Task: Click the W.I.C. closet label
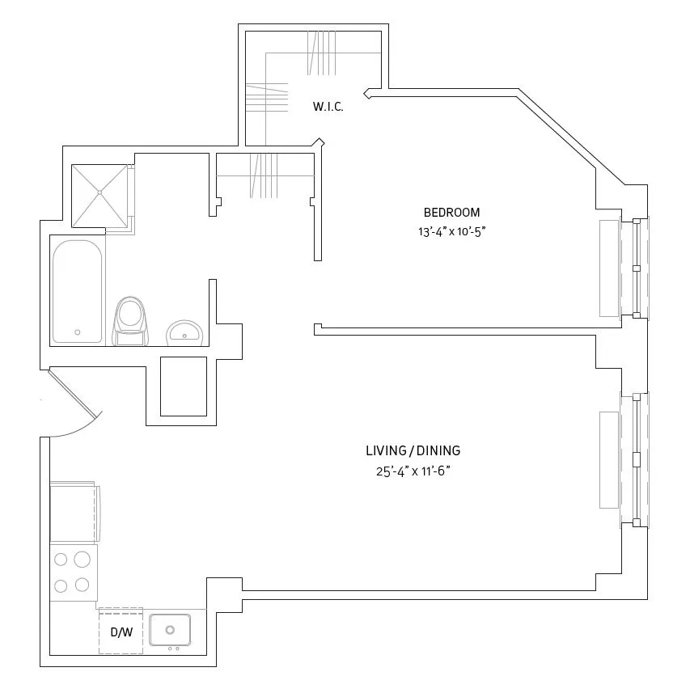(328, 107)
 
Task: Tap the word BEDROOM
(451, 213)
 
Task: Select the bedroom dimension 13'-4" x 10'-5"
(451, 230)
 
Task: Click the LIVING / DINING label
(413, 451)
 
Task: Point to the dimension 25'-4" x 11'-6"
(413, 471)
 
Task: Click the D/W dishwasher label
(121, 632)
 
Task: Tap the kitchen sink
(170, 630)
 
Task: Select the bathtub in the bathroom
(78, 291)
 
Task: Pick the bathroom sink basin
(185, 332)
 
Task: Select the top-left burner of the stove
(60, 559)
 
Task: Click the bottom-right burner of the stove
(82, 585)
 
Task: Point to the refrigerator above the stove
(74, 512)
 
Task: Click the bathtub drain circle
(78, 332)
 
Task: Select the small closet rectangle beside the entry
(184, 386)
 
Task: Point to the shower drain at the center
(99, 192)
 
